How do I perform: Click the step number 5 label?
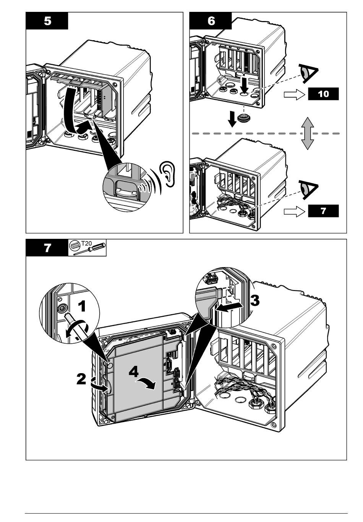[x=47, y=21]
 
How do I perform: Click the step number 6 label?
[x=211, y=21]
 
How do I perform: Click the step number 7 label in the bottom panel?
[x=47, y=248]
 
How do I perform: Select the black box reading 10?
[x=323, y=94]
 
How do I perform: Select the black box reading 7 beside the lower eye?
[x=323, y=211]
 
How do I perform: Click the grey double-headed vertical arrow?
[x=307, y=134]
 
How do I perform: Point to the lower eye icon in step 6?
[x=309, y=189]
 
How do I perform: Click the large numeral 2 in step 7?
[x=81, y=379]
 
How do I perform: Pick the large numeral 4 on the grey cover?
[x=134, y=372]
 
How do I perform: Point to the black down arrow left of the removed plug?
[x=232, y=120]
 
